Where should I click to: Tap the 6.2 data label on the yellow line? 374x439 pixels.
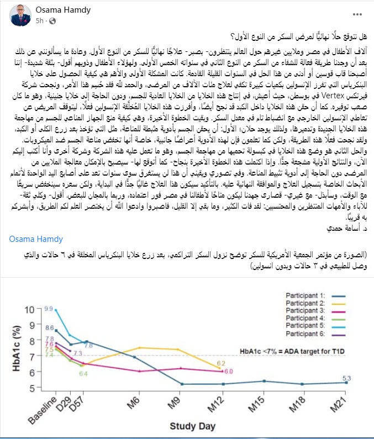pos(220,363)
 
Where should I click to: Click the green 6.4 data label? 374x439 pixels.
pos(83,374)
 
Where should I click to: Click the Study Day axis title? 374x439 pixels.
pos(188,426)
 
